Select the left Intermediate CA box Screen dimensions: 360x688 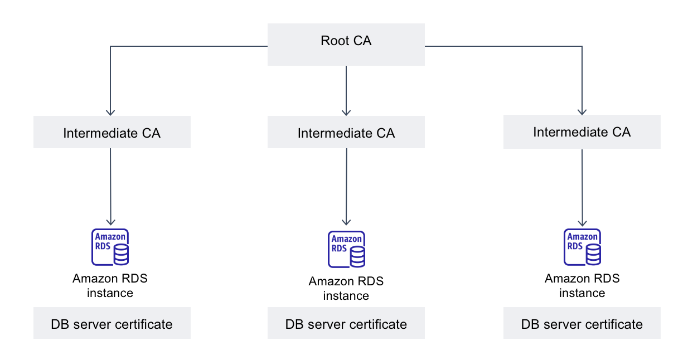112,133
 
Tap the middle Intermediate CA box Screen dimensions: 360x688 346,133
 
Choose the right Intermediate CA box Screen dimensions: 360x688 582,132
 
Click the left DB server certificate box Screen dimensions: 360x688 112,323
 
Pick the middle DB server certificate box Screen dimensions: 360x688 346,324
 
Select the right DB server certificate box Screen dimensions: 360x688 582,324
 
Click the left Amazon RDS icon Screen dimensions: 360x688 110,246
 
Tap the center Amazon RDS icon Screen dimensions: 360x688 346,249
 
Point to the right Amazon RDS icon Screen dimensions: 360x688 582,246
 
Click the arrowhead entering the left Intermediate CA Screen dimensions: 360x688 110,111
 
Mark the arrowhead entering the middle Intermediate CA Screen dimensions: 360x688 346,111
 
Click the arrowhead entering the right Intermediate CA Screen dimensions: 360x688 582,111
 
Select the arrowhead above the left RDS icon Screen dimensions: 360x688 110,221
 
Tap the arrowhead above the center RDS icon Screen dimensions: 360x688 346,223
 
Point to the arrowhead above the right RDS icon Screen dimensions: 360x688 582,221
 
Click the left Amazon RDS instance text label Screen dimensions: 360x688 110,285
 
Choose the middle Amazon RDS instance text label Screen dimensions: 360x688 346,288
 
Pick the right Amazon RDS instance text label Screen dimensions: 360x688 582,285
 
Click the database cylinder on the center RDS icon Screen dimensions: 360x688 357,257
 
